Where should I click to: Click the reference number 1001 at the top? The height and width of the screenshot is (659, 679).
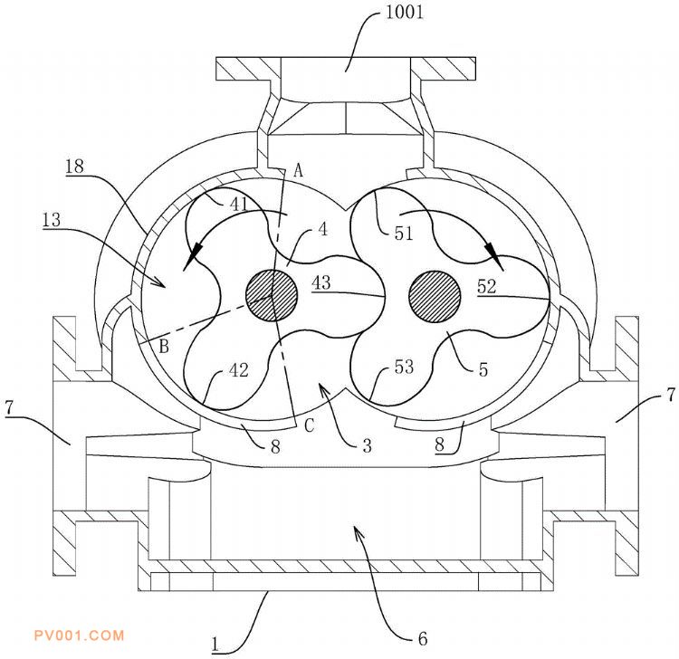coord(404,12)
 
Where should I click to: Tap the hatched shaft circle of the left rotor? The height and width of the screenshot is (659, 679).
coord(272,295)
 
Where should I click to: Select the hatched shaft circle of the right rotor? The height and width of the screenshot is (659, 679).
coord(435,297)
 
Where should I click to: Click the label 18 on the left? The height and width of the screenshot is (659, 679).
coord(74,166)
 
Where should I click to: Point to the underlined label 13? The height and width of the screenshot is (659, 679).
coord(52,220)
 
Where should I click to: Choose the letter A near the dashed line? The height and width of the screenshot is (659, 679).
coord(299,170)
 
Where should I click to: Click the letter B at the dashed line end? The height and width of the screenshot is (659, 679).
coord(164,347)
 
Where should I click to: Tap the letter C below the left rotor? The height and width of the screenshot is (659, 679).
coord(310,425)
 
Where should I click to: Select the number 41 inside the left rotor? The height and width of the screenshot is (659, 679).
coord(239,204)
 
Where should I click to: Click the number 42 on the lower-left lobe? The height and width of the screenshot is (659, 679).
coord(239,370)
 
